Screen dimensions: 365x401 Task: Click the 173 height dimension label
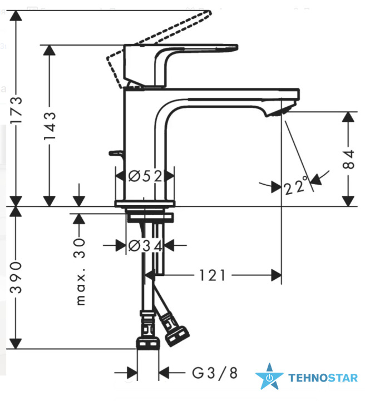16,110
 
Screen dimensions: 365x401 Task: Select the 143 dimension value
50,126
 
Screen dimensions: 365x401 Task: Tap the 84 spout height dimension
348,159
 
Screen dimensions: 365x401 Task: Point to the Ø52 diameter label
145,176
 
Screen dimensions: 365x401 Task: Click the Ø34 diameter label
145,246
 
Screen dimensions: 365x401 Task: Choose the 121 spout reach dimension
213,275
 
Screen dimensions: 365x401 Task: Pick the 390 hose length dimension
16,277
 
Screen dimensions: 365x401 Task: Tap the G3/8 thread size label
215,373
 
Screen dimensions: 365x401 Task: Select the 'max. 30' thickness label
80,271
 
